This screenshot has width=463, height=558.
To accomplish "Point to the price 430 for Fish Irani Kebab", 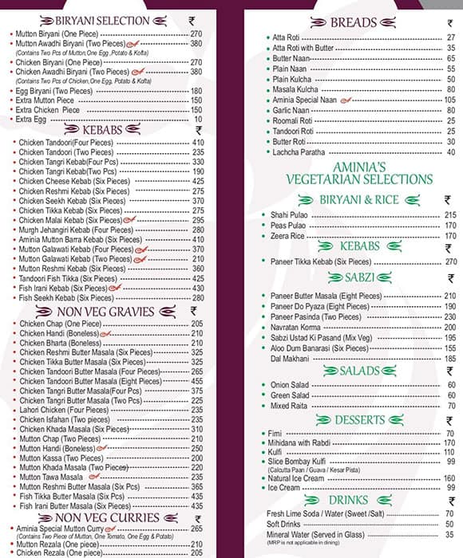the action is (197, 288).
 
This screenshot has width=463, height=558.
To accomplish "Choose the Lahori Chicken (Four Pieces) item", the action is (64, 410).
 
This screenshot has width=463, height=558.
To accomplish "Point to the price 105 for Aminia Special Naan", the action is (450, 100).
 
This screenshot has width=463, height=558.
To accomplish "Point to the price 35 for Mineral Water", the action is (450, 535).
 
